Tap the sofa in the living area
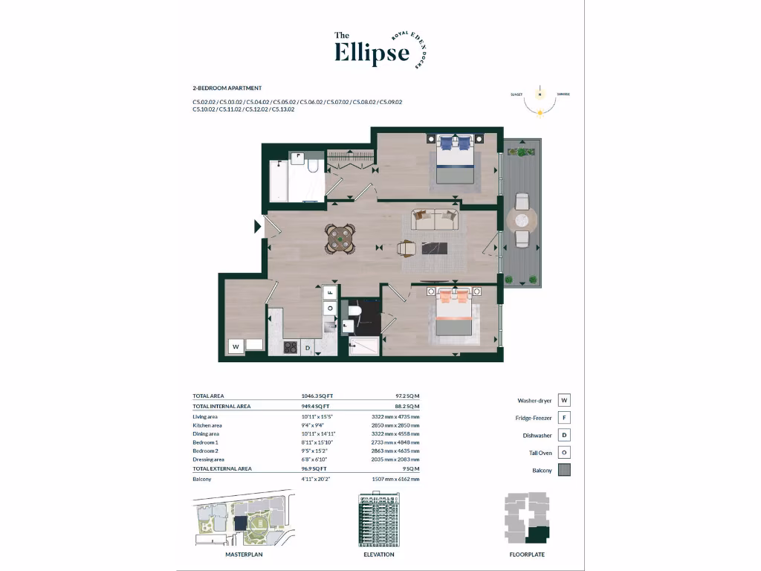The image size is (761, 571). [435, 219]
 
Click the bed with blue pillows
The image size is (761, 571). [455, 159]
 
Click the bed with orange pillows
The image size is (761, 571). [455, 314]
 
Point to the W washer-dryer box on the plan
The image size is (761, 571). [236, 346]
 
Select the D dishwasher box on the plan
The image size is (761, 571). [306, 347]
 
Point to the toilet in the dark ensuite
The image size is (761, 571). [354, 310]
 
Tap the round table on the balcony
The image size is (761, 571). [522, 220]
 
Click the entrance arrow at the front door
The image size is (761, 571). [258, 226]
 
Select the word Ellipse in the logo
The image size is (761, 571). [372, 53]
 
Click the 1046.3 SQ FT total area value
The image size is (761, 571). [311, 396]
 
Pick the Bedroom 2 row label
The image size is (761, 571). [205, 451]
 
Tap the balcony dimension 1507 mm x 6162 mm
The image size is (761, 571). [395, 480]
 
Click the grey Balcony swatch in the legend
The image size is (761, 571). [565, 470]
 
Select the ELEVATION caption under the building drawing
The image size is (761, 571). [379, 555]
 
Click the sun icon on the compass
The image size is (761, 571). [540, 112]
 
